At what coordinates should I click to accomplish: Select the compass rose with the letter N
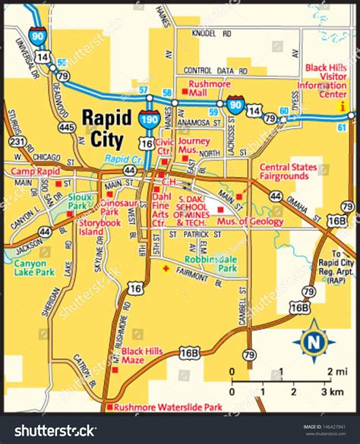(312, 342)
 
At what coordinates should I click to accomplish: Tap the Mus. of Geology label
(255, 222)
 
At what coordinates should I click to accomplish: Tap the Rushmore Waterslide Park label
(167, 408)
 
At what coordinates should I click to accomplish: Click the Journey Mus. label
(196, 145)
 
